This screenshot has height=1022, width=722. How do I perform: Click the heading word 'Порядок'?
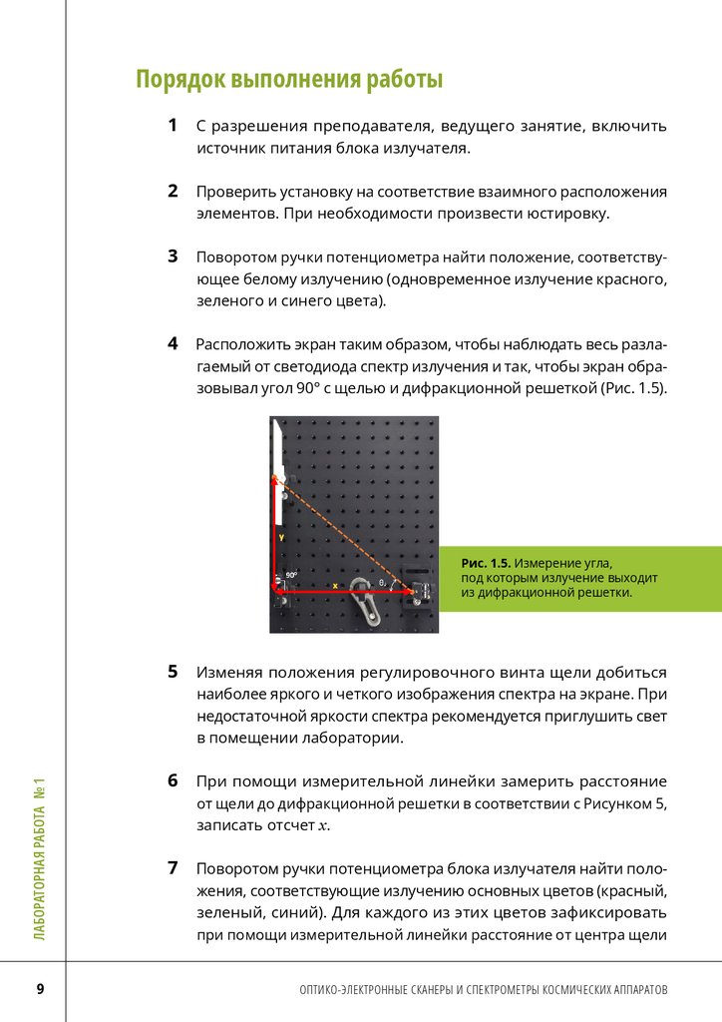click(181, 79)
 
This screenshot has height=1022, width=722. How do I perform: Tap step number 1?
click(173, 126)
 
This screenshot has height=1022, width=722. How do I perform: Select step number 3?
click(173, 255)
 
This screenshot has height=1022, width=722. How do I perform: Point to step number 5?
click(173, 672)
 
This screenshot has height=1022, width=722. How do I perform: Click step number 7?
click(173, 866)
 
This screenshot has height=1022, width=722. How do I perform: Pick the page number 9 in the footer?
click(40, 989)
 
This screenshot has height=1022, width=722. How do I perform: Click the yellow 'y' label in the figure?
click(281, 536)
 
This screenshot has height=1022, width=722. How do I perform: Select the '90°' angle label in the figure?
click(291, 575)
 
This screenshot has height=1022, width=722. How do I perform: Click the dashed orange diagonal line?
click(344, 535)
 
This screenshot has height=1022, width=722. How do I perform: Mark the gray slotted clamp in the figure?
click(365, 605)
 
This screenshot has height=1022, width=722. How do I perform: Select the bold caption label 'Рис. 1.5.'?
click(486, 564)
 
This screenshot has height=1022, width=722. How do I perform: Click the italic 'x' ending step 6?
click(323, 826)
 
